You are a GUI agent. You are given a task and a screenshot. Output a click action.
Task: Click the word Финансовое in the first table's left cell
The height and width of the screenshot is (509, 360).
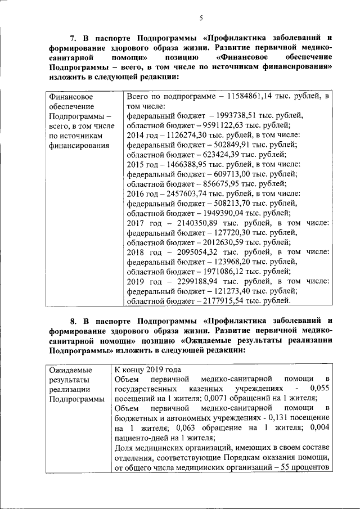tap(71, 96)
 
